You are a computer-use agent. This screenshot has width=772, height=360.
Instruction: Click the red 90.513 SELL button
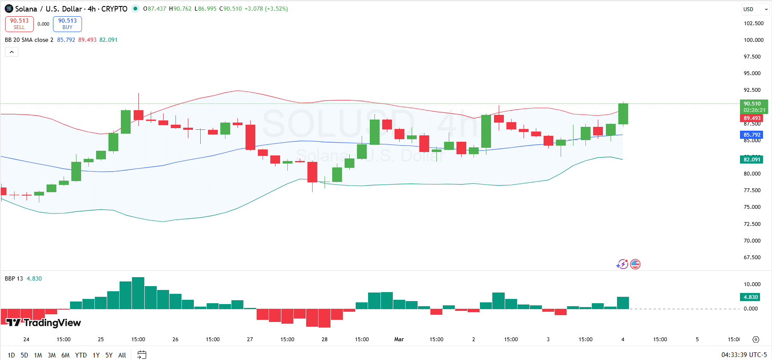(19, 24)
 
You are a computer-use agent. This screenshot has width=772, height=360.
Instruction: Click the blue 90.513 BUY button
(67, 24)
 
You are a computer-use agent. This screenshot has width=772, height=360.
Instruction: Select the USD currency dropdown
(755, 9)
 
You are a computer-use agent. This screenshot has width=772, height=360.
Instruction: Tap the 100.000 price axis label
(753, 40)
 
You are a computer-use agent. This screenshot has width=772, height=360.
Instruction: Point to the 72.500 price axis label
(752, 224)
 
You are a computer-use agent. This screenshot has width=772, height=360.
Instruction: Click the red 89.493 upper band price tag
(752, 118)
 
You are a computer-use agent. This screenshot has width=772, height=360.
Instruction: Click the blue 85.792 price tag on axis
(752, 135)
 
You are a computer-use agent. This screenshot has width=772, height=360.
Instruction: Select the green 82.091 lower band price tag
(752, 159)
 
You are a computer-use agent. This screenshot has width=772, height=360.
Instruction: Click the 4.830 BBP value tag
(750, 297)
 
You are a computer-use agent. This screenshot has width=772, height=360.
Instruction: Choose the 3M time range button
(52, 355)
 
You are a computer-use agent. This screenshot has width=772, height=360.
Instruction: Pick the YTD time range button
(81, 355)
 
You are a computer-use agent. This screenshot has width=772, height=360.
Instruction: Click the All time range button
(122, 355)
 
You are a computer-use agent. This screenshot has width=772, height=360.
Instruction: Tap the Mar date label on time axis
(399, 339)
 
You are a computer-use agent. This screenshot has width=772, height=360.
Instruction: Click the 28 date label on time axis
(325, 339)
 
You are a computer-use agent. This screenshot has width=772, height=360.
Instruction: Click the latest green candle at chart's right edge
(623, 114)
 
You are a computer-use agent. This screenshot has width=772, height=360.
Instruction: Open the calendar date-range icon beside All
(142, 355)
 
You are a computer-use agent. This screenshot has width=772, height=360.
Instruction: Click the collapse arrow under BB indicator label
(12, 52)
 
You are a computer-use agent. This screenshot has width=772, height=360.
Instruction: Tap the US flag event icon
(635, 264)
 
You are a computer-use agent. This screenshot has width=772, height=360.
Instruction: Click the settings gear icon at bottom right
(756, 340)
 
